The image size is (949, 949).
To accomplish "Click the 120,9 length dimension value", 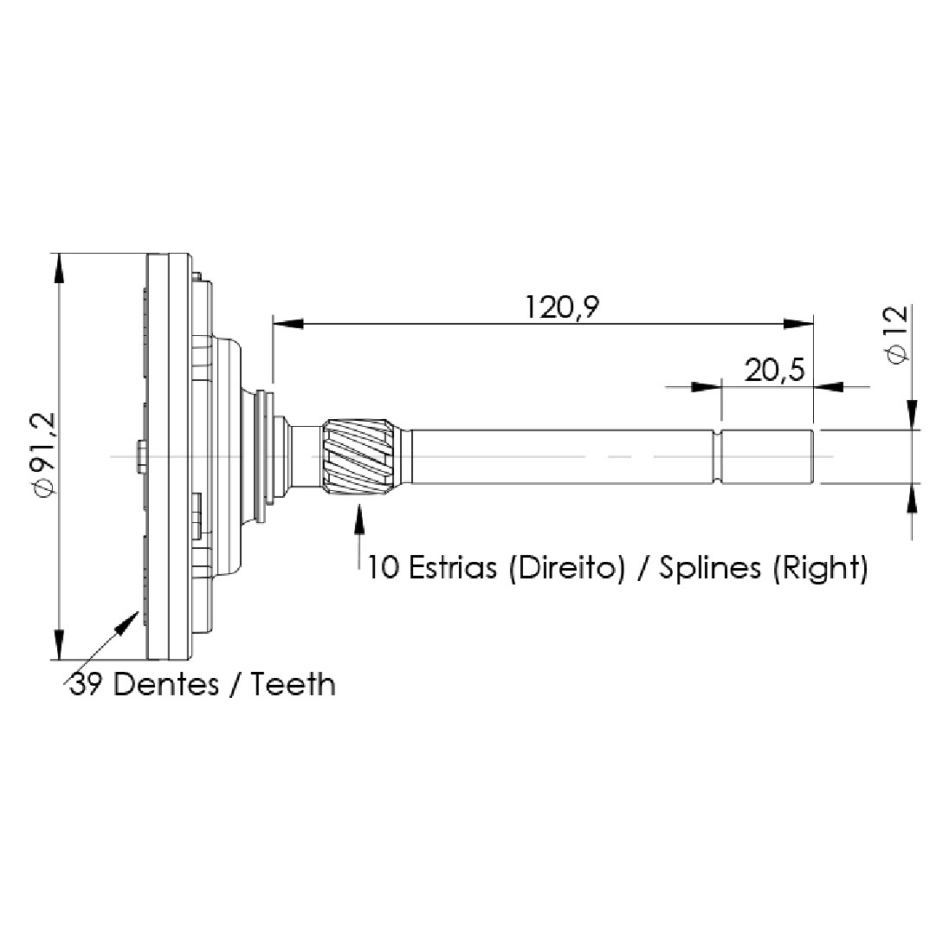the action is [x=561, y=307].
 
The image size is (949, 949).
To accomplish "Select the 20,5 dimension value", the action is [x=775, y=370].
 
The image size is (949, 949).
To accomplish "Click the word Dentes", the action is [x=166, y=685].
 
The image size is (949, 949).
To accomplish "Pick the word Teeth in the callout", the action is [x=293, y=685].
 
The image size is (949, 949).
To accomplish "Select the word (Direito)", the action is [x=566, y=568].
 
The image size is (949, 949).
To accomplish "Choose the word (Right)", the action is [x=819, y=568].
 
